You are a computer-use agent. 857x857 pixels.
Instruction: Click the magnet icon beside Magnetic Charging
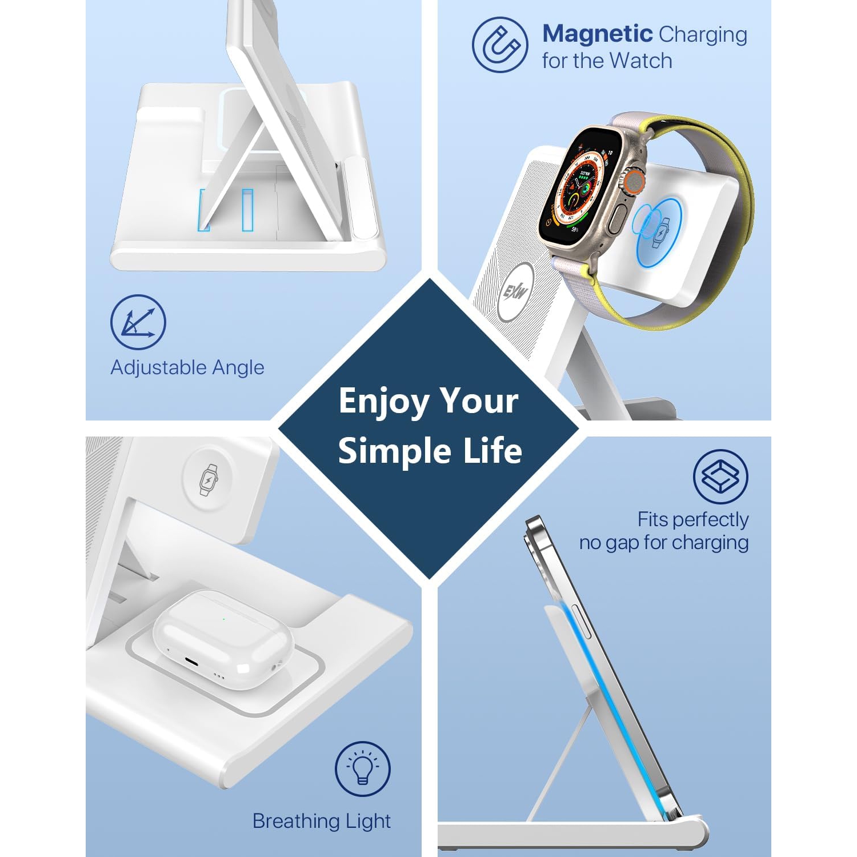[x=500, y=45]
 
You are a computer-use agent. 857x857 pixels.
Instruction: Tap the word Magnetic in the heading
[x=597, y=34]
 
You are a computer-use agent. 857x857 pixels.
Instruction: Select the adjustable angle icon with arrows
[x=138, y=322]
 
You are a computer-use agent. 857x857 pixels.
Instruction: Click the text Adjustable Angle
[x=187, y=367]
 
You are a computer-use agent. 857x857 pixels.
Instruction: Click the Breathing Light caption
[x=322, y=821]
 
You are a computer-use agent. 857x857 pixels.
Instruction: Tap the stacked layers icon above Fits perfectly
[x=720, y=476]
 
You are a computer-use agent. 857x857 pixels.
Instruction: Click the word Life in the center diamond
[x=492, y=451]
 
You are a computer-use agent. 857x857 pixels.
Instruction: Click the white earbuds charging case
[x=223, y=640]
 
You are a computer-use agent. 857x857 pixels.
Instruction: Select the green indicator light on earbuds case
[x=223, y=619]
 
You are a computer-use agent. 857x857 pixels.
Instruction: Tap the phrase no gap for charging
[x=664, y=542]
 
